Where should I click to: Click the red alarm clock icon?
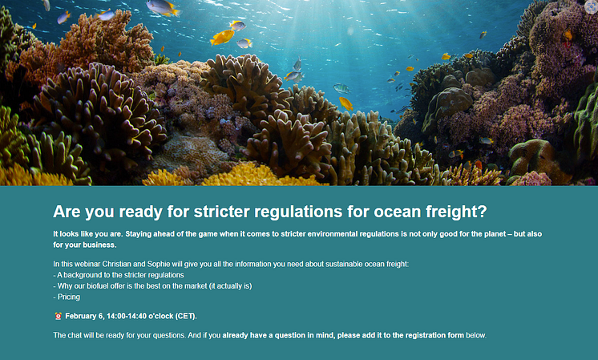(x=58, y=316)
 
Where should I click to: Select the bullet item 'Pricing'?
(x=69, y=297)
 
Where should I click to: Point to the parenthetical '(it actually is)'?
(x=230, y=285)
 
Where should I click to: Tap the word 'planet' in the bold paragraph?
(x=495, y=234)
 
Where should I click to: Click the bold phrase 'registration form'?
(x=434, y=335)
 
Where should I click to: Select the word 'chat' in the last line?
(x=74, y=335)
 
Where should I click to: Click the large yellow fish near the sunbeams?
(x=222, y=38)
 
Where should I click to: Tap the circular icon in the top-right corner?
(x=591, y=7)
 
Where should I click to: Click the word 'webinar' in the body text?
(x=87, y=264)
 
